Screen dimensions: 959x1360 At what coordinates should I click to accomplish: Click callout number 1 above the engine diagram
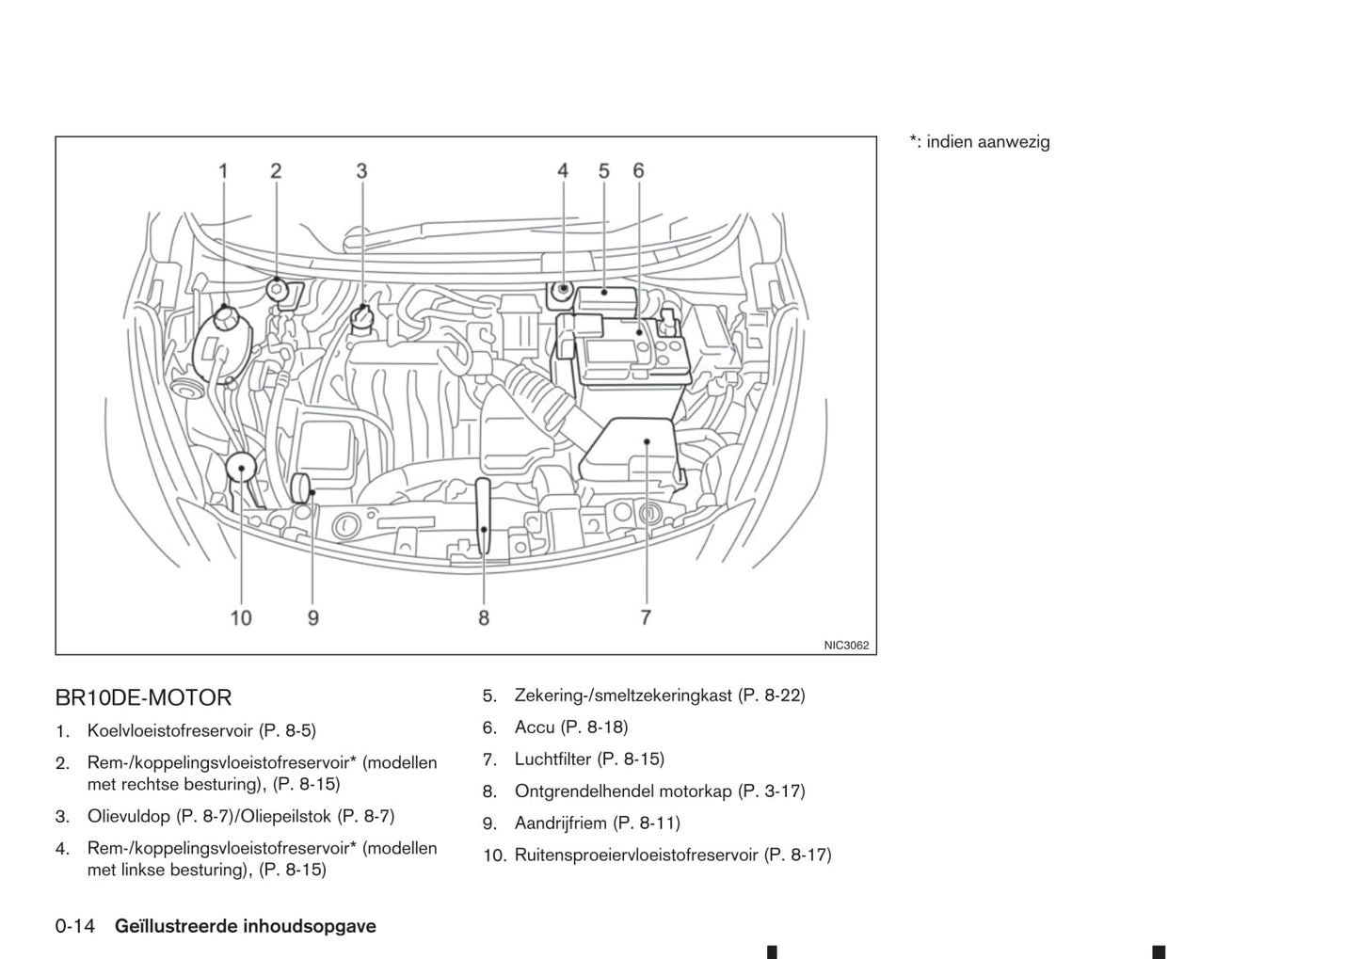pos(223,171)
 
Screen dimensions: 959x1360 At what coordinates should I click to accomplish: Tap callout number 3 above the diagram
pos(361,171)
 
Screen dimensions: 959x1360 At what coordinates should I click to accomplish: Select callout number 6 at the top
pos(638,171)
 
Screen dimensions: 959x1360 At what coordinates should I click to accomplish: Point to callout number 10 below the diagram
pos(241,617)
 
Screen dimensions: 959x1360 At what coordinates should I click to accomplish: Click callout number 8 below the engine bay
pos(484,617)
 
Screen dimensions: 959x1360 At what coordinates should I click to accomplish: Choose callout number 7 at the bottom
pos(646,617)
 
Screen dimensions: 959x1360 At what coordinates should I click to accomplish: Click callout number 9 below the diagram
pos(313,617)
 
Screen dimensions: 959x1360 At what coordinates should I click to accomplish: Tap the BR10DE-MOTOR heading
pos(143,697)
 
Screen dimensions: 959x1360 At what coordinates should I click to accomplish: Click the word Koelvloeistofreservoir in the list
pos(170,730)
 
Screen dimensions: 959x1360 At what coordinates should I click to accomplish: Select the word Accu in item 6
pos(534,727)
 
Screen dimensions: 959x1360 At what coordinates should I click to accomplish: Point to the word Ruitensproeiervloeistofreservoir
pos(635,855)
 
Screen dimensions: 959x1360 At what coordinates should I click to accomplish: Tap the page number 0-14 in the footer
pos(75,926)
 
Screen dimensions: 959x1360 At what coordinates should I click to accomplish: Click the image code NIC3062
pos(846,646)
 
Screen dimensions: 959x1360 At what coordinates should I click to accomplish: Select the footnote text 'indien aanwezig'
pos(987,142)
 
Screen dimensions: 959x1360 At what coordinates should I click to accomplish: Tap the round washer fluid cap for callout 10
pos(242,466)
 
